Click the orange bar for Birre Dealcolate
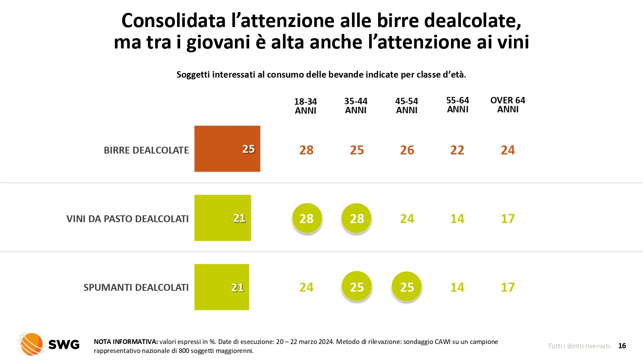(227, 149)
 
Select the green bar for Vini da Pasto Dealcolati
(222, 218)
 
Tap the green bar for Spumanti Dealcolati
(222, 287)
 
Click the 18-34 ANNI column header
(306, 106)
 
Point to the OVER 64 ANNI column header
(508, 105)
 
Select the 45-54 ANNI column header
(406, 106)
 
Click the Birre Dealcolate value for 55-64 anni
(457, 150)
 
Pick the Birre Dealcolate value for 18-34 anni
(306, 150)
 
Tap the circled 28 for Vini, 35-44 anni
(357, 218)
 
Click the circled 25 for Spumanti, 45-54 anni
(407, 287)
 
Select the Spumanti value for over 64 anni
(508, 287)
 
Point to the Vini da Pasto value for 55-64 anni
(457, 219)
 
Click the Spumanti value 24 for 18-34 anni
(306, 287)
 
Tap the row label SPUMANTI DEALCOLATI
(136, 287)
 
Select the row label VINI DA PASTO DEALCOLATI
(127, 219)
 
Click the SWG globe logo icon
(31, 344)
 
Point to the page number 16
(622, 346)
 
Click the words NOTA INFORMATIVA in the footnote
(126, 342)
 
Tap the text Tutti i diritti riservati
(579, 346)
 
